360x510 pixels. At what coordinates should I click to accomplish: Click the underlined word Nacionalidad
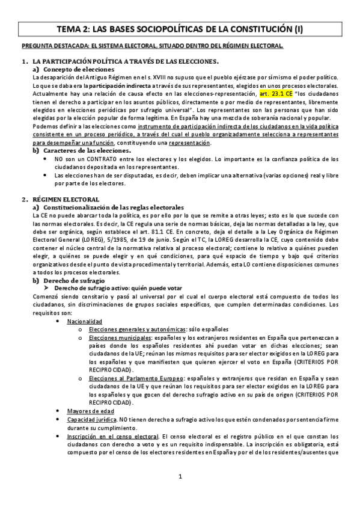pos(85,322)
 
